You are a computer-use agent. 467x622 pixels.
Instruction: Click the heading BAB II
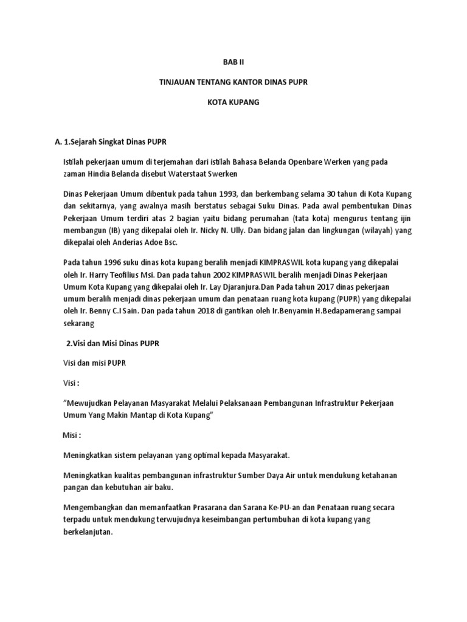pyautogui.click(x=233, y=61)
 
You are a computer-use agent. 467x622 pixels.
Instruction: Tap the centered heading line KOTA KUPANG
pyautogui.click(x=233, y=103)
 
